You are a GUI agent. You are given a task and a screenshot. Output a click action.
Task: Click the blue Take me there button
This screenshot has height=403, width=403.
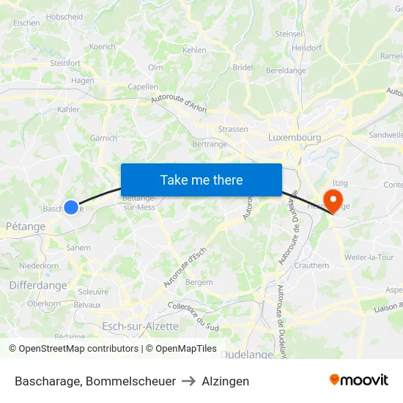tap(201, 180)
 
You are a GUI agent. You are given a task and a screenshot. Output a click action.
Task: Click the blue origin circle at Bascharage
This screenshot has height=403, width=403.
tap(71, 207)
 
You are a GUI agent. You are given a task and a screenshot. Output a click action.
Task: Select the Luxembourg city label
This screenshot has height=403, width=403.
tap(295, 137)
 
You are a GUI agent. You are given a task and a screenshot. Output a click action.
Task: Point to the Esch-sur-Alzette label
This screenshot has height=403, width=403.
tap(140, 326)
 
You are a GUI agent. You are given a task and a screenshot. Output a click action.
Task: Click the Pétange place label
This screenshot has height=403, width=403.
tap(26, 226)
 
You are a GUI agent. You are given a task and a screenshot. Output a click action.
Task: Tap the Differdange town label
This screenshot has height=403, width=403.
tap(38, 285)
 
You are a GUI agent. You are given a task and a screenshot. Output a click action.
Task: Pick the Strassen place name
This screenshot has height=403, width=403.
tap(233, 129)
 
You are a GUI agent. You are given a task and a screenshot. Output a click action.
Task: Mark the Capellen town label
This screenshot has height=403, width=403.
tap(143, 86)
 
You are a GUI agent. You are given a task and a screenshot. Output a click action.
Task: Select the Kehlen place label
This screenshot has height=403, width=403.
tap(194, 50)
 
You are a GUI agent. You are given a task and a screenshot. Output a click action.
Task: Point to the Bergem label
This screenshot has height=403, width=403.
tap(199, 282)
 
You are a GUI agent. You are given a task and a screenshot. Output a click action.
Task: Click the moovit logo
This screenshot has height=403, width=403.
tap(358, 380)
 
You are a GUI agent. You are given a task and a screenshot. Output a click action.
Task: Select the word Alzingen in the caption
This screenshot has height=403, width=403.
tap(225, 381)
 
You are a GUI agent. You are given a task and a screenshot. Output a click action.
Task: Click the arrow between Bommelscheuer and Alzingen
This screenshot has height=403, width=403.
tap(188, 381)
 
